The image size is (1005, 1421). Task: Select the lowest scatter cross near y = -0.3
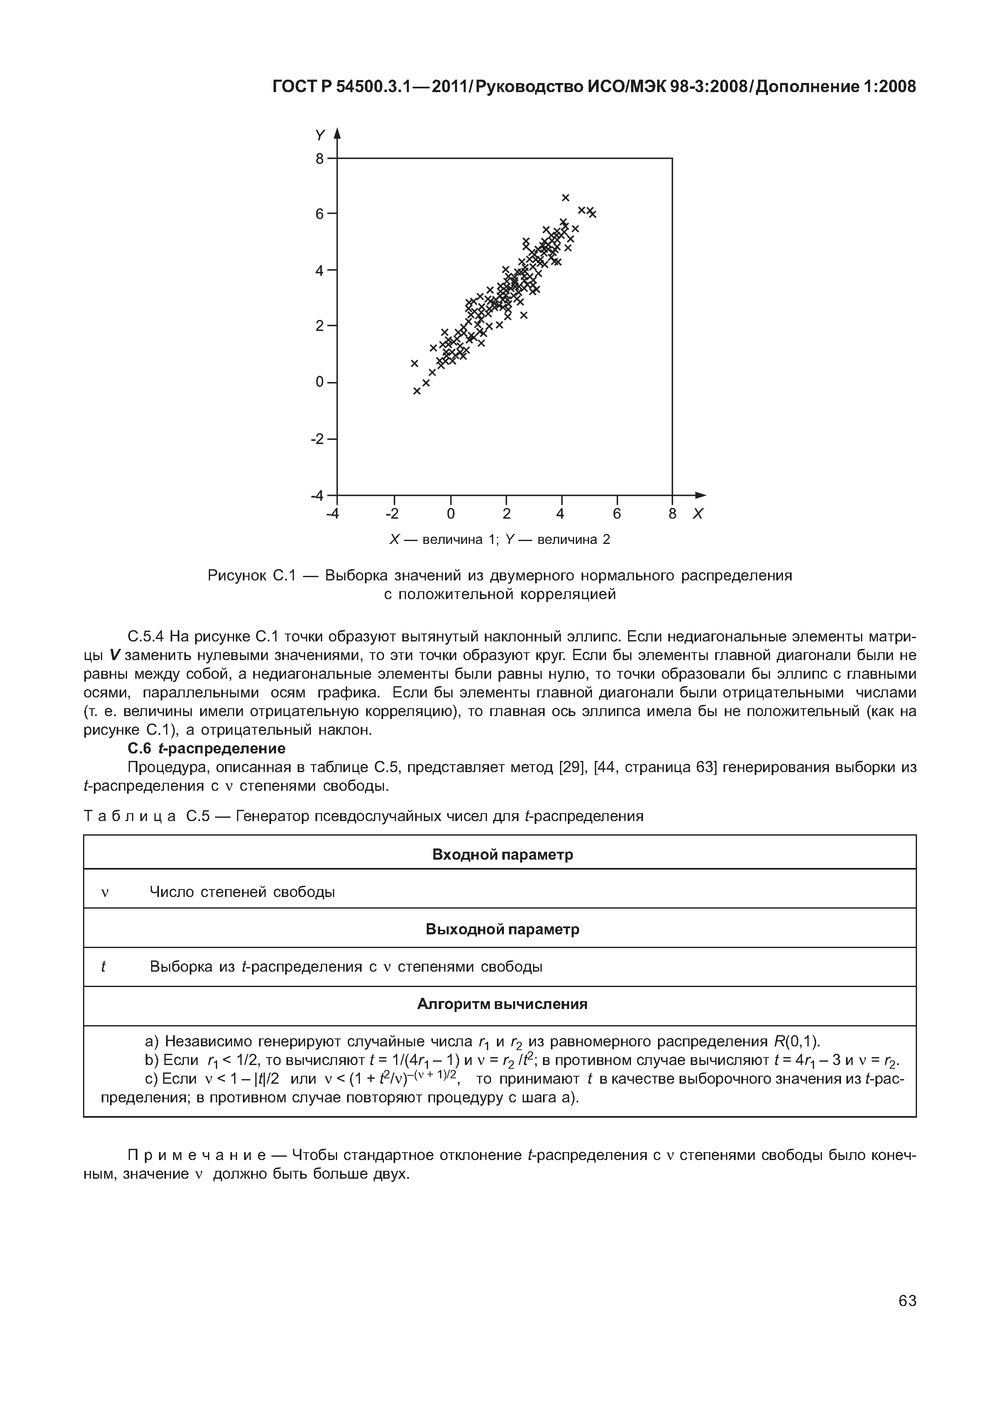(417, 391)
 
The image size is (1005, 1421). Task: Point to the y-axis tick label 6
(320, 214)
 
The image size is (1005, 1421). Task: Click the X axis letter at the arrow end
(698, 514)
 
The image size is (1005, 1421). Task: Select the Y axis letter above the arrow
(320, 135)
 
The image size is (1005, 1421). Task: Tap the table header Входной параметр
(502, 855)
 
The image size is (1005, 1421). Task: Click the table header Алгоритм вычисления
(502, 1004)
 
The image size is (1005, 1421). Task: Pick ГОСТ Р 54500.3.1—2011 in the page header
(349, 87)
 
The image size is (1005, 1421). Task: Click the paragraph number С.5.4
(145, 636)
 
